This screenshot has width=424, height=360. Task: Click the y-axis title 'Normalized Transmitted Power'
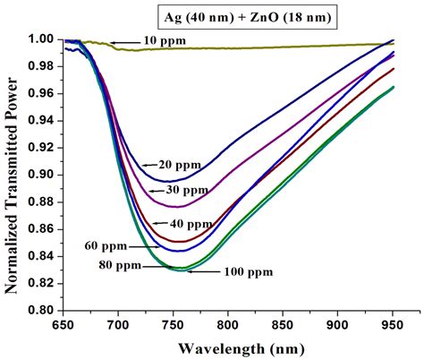[13, 175]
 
